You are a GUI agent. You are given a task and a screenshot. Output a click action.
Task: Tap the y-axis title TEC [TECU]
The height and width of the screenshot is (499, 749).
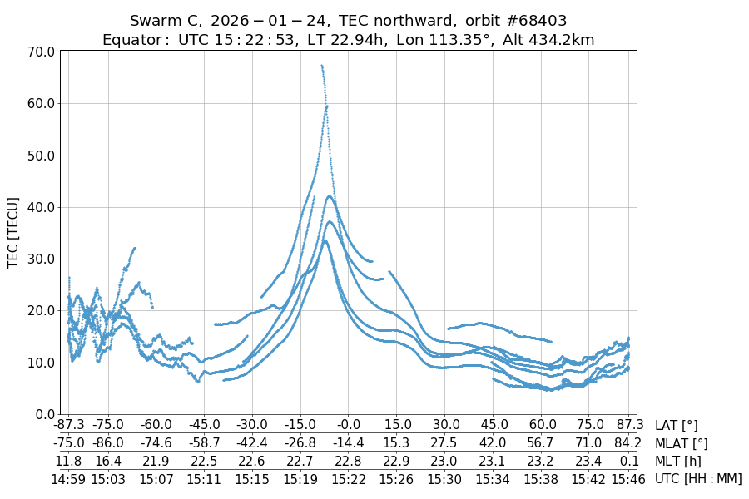12,232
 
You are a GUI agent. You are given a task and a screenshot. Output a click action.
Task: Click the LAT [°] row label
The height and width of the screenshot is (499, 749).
677,426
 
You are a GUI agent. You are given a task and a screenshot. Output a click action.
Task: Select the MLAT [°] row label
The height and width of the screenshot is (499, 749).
682,443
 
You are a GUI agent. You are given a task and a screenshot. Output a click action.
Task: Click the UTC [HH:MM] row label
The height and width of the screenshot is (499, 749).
698,478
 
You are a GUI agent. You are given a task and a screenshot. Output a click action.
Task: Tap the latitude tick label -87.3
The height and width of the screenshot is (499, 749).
69,426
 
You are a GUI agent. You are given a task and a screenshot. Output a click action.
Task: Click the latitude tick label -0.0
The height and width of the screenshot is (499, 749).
349,426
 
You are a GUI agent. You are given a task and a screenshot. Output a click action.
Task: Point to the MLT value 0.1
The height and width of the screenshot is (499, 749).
628,461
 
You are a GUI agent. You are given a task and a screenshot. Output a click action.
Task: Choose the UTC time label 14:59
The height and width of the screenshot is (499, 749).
69,478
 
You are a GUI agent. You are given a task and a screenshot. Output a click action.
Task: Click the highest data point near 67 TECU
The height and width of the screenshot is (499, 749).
322,65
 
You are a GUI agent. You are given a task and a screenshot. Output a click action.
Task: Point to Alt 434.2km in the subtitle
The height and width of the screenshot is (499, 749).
548,40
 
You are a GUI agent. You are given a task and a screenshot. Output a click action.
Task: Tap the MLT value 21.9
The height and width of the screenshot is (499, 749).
156,461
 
